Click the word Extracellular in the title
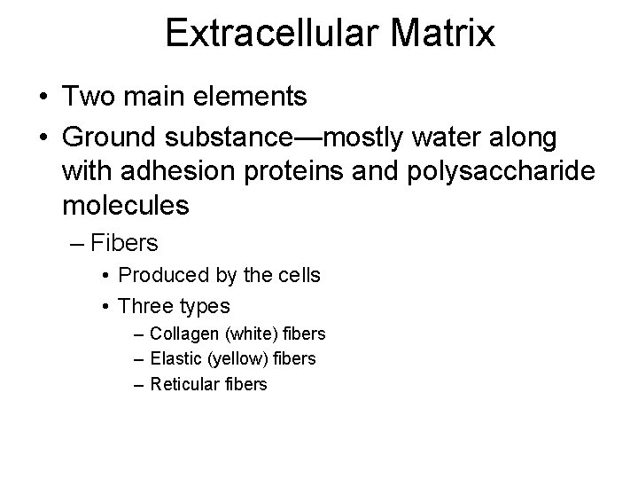pyautogui.click(x=271, y=34)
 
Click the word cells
pyautogui.click(x=299, y=276)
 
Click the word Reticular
pyautogui.click(x=183, y=384)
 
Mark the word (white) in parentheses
pyautogui.click(x=243, y=334)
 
